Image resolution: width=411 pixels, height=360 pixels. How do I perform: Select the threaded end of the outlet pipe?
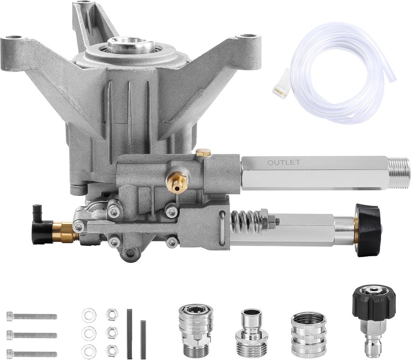coord(399,173)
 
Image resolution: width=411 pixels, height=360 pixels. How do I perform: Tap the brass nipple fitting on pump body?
coord(177,181)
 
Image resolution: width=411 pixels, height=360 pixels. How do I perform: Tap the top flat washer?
coord(89,315)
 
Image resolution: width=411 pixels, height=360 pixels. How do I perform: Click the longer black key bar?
coord(129,334)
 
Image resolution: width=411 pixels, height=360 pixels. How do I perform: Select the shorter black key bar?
coord(143,339)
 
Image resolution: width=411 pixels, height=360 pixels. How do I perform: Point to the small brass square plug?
coord(204,152)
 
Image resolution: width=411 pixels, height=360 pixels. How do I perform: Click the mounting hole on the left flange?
coord(14,37)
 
